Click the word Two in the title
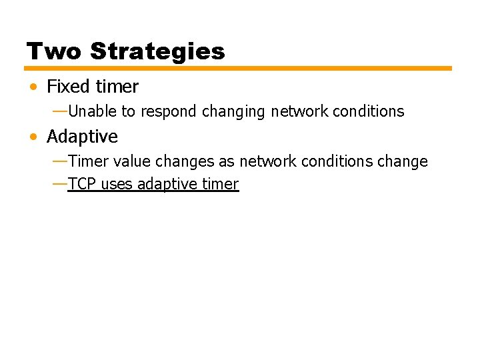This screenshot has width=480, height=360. tap(54, 51)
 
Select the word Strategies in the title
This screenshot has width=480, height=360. tap(157, 51)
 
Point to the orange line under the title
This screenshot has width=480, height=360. tap(238, 68)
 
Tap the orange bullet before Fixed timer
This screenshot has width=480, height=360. tap(33, 87)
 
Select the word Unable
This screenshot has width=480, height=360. tap(92, 111)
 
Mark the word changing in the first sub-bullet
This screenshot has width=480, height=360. tap(234, 111)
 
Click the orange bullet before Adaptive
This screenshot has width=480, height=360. tap(33, 137)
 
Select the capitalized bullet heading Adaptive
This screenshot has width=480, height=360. tap(82, 137)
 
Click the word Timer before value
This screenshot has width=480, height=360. tap(87, 161)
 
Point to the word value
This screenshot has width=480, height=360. tap(131, 161)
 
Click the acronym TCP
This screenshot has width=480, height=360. tap(82, 185)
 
